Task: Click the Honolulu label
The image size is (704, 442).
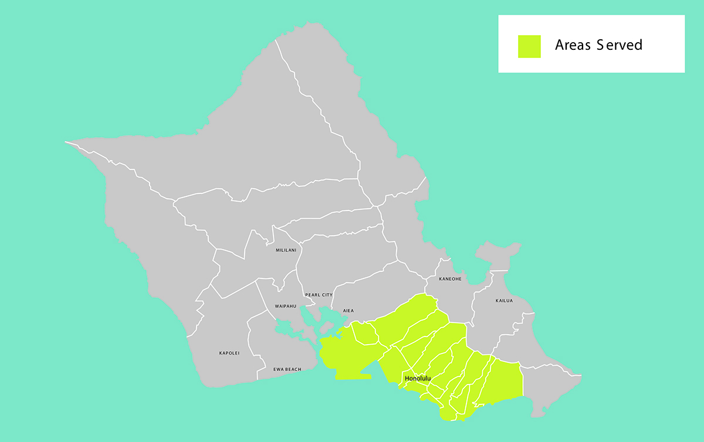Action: tap(418, 379)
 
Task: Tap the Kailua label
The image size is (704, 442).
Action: tap(504, 301)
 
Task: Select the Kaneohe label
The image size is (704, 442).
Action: tap(450, 279)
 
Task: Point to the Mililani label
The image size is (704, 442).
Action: tap(286, 250)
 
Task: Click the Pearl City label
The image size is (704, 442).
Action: tap(319, 295)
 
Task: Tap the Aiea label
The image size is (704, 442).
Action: tap(348, 311)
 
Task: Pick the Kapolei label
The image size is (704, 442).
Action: tap(229, 353)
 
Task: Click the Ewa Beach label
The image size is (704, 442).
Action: tap(287, 369)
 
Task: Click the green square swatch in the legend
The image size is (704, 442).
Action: tap(529, 46)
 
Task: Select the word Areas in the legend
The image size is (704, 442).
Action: tap(573, 45)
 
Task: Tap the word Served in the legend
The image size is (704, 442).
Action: tap(620, 45)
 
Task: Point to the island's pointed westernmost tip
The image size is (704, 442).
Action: tap(66, 142)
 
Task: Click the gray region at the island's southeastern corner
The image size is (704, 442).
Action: tap(549, 390)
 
